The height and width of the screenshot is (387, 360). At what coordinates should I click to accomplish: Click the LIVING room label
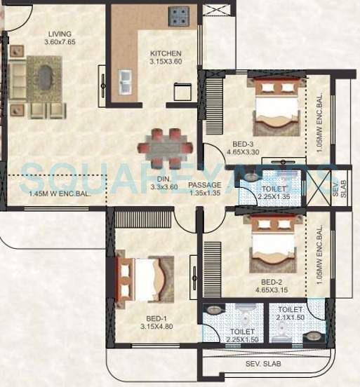(x=60, y=38)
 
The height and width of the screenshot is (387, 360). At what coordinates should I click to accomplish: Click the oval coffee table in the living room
(x=46, y=76)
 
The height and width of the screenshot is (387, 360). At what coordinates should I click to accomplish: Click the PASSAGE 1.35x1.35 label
(x=205, y=189)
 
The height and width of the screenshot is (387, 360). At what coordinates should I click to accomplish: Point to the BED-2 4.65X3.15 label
(x=272, y=284)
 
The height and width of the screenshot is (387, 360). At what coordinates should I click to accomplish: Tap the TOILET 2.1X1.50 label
(x=290, y=313)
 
